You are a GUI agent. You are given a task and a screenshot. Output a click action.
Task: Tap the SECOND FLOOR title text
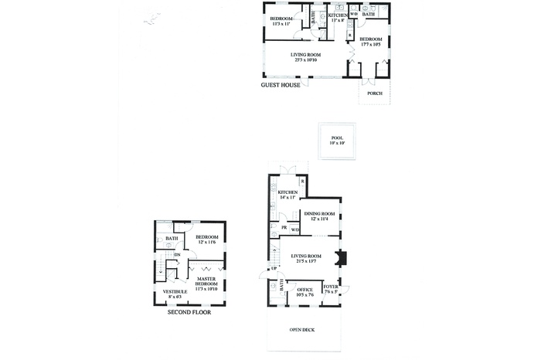189,312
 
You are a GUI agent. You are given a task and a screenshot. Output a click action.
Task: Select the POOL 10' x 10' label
337,141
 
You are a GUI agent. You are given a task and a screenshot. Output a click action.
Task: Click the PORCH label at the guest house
375,93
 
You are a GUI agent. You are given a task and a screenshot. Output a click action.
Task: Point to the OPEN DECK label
302,331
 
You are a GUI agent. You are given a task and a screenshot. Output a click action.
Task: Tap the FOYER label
330,288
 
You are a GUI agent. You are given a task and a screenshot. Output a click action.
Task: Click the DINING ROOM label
319,216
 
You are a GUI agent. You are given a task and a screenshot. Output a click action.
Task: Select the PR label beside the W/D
284,229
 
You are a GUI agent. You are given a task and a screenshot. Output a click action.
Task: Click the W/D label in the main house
295,229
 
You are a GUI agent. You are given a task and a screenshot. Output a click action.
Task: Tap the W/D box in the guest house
353,14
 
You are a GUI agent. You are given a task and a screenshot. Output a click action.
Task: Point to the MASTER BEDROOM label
206,281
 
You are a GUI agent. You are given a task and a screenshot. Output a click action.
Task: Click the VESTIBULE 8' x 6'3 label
175,294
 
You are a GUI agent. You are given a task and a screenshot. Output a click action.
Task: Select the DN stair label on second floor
177,255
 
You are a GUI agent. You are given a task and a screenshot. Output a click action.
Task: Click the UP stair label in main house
273,268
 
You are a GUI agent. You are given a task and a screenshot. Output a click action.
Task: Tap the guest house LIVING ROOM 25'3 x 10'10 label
305,57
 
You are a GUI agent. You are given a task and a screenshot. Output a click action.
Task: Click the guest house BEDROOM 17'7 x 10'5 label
370,41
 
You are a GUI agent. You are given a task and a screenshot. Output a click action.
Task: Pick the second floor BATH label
172,239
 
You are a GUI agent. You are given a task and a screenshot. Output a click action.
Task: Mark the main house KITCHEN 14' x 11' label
288,194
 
